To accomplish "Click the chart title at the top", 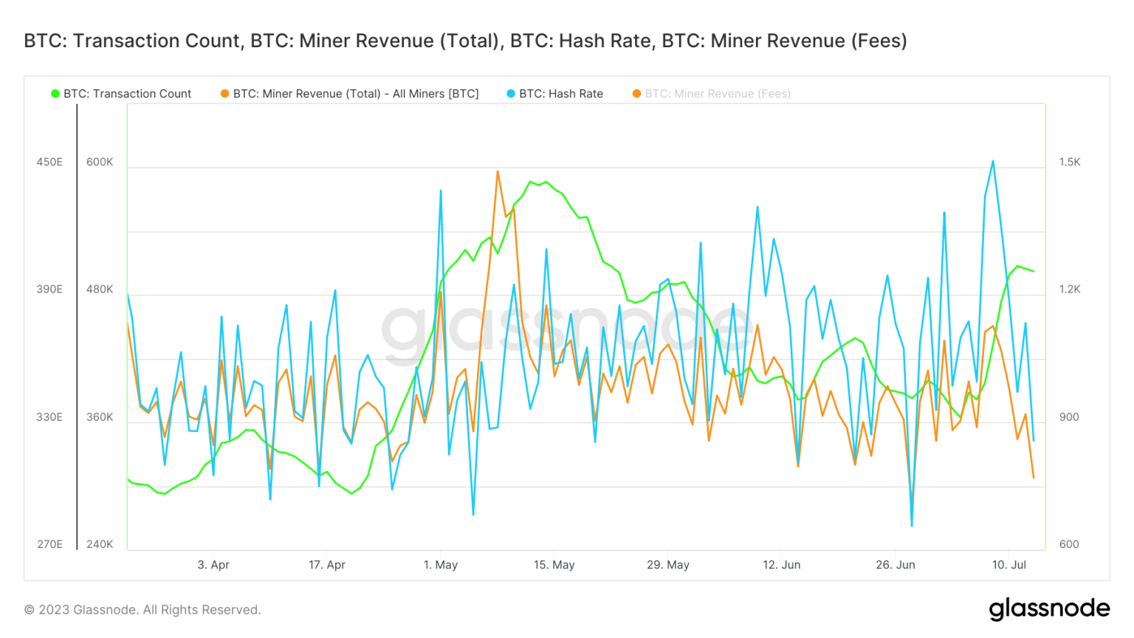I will pyautogui.click(x=465, y=41).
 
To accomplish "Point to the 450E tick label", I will pyautogui.click(x=49, y=162).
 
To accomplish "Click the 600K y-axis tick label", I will pyautogui.click(x=100, y=162).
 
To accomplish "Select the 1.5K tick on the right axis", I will pyautogui.click(x=1069, y=162).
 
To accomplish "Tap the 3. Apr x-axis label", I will pyautogui.click(x=213, y=565).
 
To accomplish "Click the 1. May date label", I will pyautogui.click(x=441, y=565).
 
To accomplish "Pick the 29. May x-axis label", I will pyautogui.click(x=668, y=565).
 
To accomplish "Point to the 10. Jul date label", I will pyautogui.click(x=1009, y=565).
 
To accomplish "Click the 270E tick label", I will pyautogui.click(x=49, y=544).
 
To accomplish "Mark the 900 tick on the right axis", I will pyautogui.click(x=1069, y=417).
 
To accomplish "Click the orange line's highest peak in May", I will pyautogui.click(x=498, y=171).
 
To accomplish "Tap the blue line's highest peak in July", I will pyautogui.click(x=993, y=161).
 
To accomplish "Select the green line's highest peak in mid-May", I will pyautogui.click(x=531, y=181).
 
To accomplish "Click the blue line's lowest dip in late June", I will pyautogui.click(x=912, y=526).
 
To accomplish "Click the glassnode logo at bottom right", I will pyautogui.click(x=1049, y=608).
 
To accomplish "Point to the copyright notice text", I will pyautogui.click(x=142, y=610).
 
